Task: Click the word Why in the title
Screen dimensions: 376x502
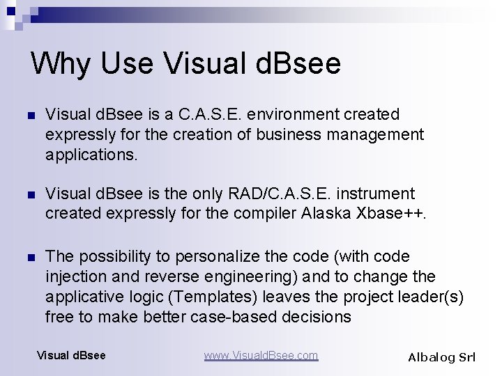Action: point(61,63)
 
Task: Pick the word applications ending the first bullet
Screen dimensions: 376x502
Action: point(91,155)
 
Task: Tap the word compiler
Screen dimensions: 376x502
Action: point(263,214)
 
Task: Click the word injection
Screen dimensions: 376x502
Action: point(75,277)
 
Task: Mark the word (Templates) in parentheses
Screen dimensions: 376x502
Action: point(215,297)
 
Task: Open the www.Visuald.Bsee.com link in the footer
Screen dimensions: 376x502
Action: point(261,356)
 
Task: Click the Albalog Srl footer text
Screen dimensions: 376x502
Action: point(441,357)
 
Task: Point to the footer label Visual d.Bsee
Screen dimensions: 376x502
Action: point(71,356)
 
